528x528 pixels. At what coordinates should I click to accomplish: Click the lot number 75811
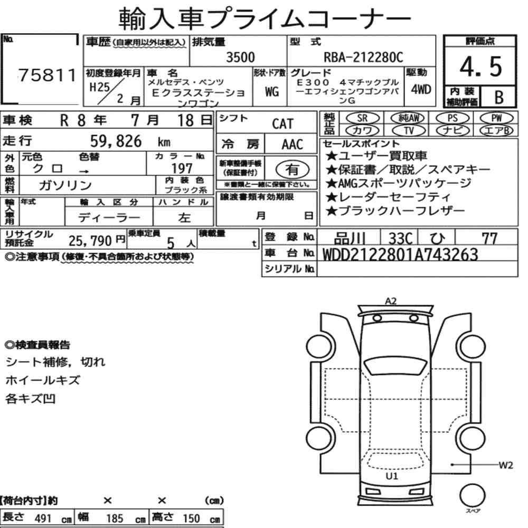point(47,75)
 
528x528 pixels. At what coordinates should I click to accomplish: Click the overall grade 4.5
point(480,67)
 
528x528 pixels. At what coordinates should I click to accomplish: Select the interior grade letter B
point(499,97)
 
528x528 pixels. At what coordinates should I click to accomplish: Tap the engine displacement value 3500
point(240,57)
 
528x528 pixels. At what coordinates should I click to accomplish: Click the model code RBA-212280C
point(363,57)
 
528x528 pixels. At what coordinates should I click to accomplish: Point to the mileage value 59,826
point(116,142)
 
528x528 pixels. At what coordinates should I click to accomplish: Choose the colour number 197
point(182,168)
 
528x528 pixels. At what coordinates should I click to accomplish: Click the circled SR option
point(363,118)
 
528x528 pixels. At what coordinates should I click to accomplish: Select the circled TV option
point(409,130)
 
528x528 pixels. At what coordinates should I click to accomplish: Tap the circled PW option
point(496,118)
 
